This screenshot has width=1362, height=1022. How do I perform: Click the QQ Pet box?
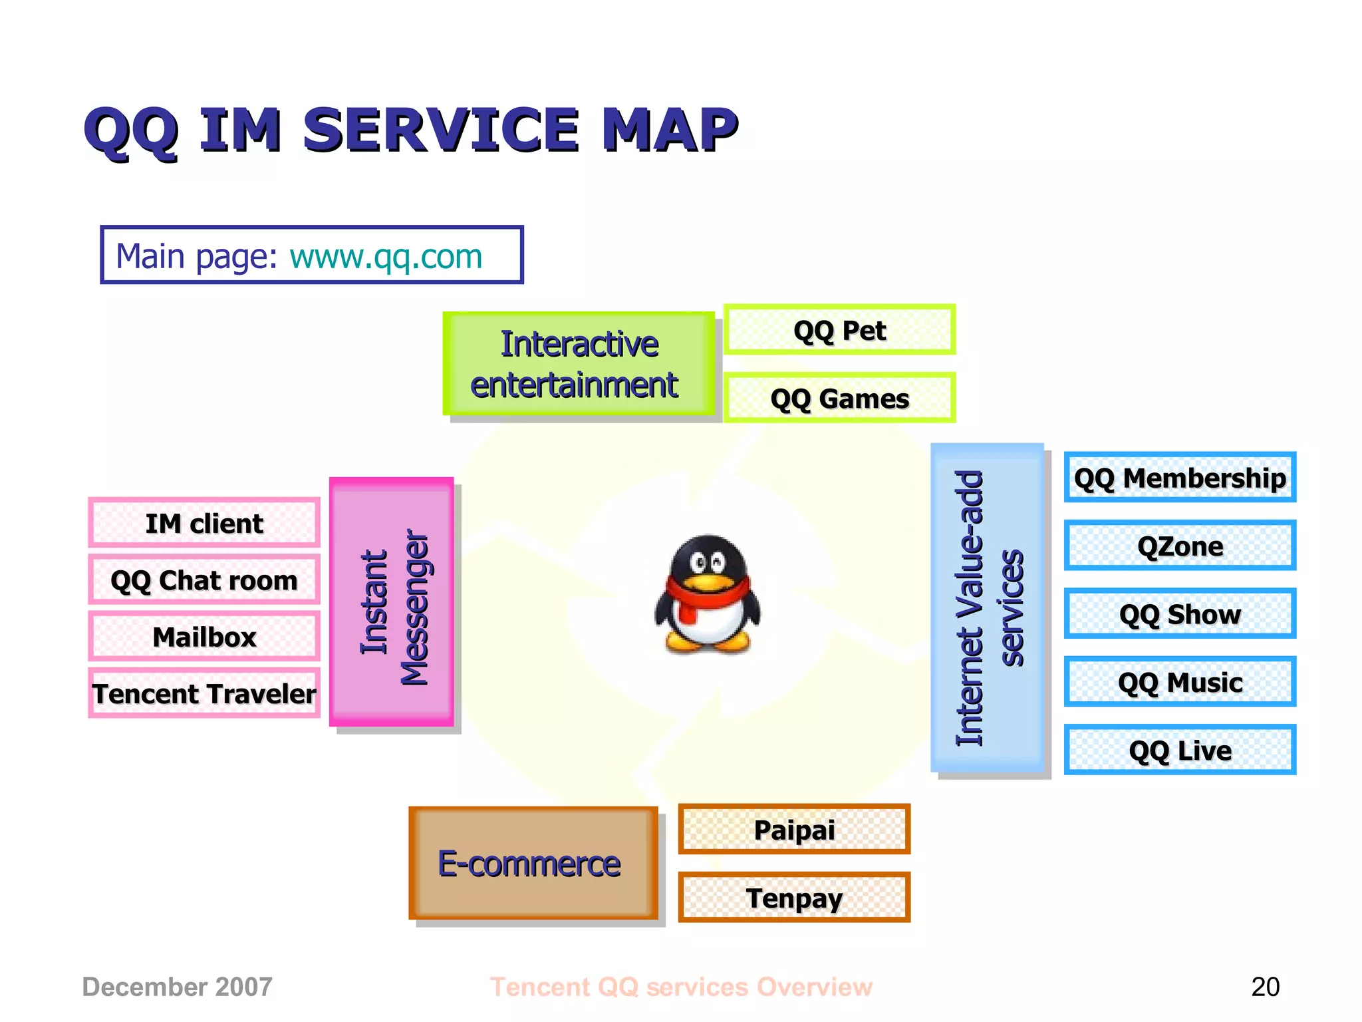pyautogui.click(x=839, y=330)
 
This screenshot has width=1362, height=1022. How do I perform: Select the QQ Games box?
pyautogui.click(x=839, y=398)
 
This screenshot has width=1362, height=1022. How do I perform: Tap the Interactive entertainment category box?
pyautogui.click(x=578, y=364)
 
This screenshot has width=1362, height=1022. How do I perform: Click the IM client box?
pyautogui.click(x=204, y=523)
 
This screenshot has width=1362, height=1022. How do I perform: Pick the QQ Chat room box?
pyautogui.click(x=204, y=580)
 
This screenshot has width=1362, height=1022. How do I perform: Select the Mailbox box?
pyautogui.click(x=204, y=637)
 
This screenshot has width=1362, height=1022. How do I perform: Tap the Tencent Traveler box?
pyautogui.click(x=204, y=693)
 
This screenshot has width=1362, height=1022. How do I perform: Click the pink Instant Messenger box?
pyautogui.click(x=392, y=602)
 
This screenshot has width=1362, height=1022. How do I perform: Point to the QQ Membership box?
pyautogui.click(x=1180, y=477)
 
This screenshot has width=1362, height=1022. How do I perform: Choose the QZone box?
pyautogui.click(x=1180, y=546)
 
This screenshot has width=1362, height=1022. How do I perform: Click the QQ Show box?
pyautogui.click(x=1180, y=613)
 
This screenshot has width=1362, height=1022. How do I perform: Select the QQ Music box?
pyautogui.click(x=1180, y=682)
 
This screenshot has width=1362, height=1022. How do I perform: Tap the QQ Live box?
pyautogui.click(x=1180, y=750)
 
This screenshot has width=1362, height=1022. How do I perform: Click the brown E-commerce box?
pyautogui.click(x=533, y=863)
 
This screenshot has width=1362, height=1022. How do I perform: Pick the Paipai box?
pyautogui.click(x=794, y=829)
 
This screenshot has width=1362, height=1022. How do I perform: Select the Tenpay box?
pyautogui.click(x=794, y=898)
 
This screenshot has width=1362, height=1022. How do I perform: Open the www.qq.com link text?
pyautogui.click(x=386, y=257)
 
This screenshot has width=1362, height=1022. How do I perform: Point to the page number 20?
pyautogui.click(x=1265, y=987)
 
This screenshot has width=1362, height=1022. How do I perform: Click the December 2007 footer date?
pyautogui.click(x=177, y=987)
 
